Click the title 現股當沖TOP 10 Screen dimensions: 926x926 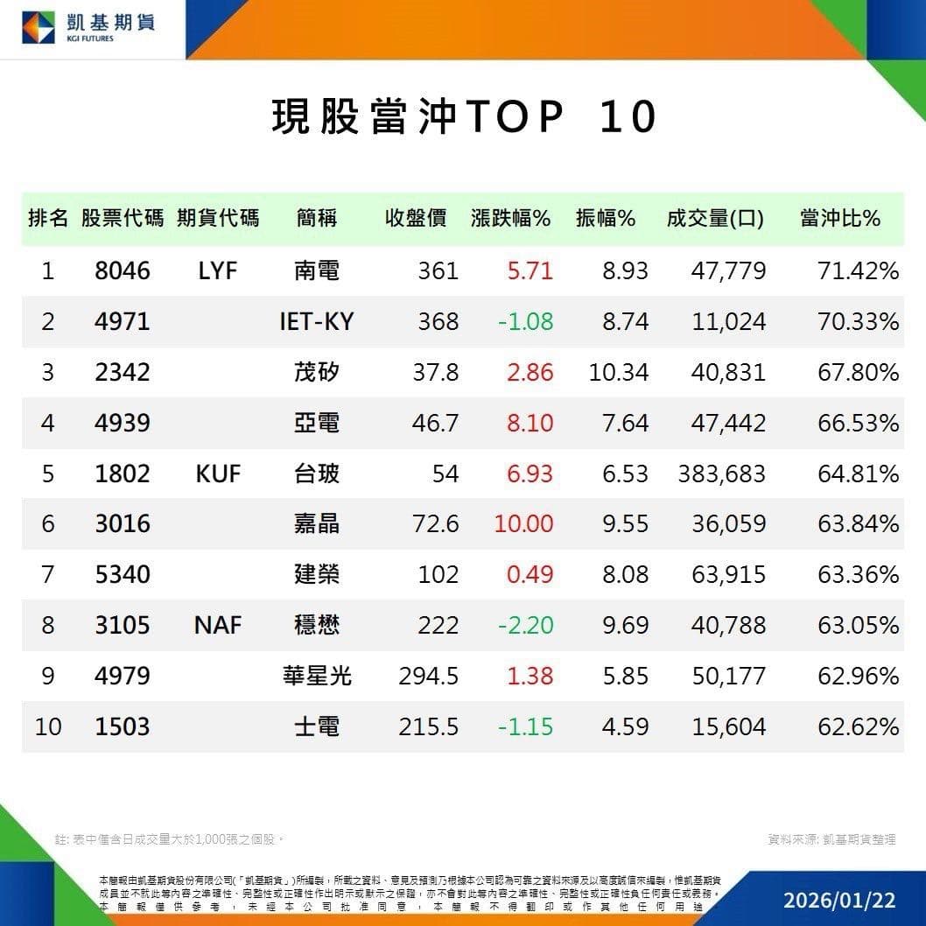coord(463,117)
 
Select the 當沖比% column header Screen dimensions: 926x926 coord(839,219)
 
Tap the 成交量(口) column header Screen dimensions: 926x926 coord(715,219)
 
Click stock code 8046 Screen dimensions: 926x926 coord(123,271)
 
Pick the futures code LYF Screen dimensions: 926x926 coord(218,271)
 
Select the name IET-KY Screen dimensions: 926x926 coord(316,322)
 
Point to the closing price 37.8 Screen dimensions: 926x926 coord(435,373)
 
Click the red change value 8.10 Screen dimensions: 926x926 coord(530,424)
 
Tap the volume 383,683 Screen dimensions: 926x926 coord(721,474)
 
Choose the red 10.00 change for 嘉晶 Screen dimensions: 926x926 coord(523,524)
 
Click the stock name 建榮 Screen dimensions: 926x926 coord(316,575)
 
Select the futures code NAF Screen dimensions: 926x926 coord(218,626)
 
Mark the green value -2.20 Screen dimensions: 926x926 coord(525,626)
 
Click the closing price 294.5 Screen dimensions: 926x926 coord(428,677)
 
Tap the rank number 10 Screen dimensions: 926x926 coord(47,727)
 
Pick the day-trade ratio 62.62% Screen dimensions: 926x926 coord(857,727)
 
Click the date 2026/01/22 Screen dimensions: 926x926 coord(839,901)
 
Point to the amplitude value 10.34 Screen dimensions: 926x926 coord(619,373)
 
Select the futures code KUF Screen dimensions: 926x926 coord(218,474)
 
